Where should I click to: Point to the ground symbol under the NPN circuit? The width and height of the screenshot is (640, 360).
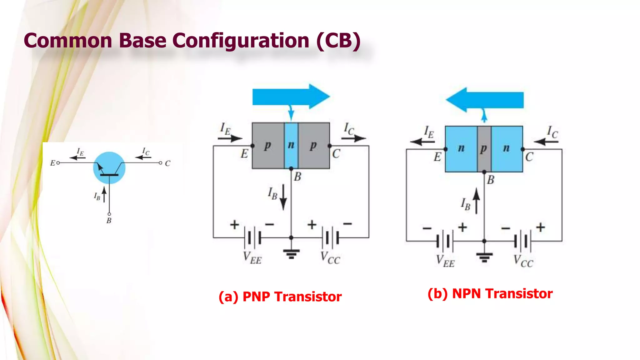(484, 257)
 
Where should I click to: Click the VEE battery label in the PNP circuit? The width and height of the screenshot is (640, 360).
(252, 258)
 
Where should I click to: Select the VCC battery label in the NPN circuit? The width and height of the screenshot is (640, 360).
(523, 261)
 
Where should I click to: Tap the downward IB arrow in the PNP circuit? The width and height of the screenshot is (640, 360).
(283, 197)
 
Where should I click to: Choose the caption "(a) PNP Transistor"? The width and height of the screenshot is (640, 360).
(280, 297)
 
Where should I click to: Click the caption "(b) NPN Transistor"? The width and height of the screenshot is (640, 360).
(490, 294)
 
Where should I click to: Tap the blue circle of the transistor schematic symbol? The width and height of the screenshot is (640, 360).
(109, 167)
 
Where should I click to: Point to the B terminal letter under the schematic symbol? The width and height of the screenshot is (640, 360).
(109, 221)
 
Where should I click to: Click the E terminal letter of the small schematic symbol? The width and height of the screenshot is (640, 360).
(52, 163)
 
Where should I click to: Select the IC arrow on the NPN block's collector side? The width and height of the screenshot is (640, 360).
(546, 142)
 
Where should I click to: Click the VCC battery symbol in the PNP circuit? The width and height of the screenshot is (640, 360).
(331, 238)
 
